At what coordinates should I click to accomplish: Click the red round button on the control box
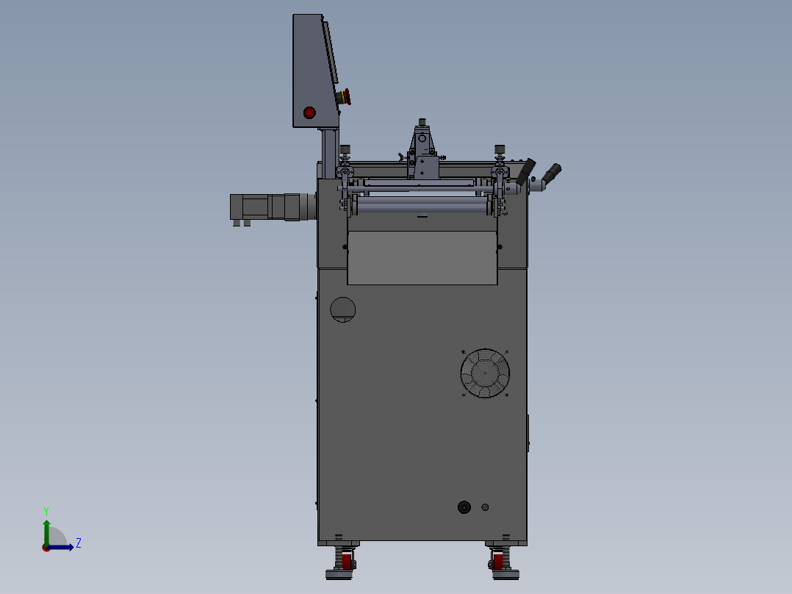click(309, 112)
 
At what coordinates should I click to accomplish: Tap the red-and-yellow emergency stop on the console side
click(344, 97)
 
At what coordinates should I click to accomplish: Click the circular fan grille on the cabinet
click(485, 373)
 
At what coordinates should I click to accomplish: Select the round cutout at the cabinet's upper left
click(342, 309)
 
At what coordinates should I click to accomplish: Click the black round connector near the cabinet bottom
click(464, 507)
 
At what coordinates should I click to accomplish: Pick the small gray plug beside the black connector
click(484, 507)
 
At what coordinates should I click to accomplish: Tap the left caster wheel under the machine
click(345, 562)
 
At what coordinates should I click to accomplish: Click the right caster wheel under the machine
click(499, 562)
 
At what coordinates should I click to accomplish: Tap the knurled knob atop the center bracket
click(422, 122)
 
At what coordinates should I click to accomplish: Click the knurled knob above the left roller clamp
click(345, 150)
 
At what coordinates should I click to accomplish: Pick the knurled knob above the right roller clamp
click(500, 150)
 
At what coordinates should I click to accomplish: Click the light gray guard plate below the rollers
click(422, 257)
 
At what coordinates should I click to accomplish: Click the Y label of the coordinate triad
click(46, 510)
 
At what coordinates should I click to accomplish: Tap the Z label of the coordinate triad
click(78, 543)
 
